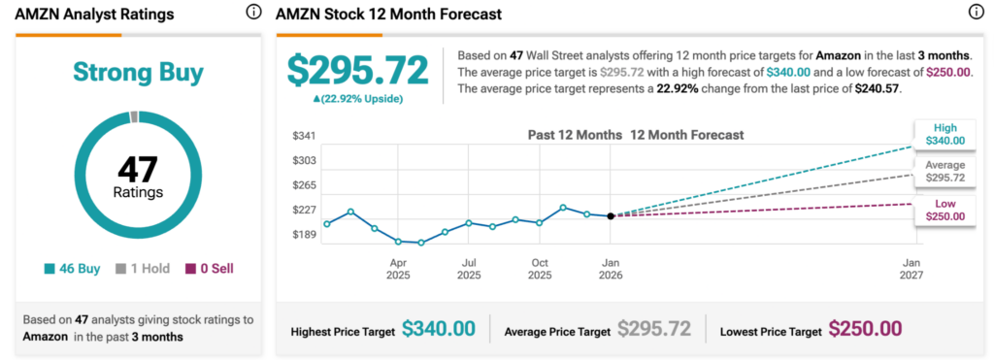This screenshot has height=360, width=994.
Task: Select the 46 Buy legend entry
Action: (72, 269)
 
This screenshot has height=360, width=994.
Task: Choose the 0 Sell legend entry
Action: (209, 269)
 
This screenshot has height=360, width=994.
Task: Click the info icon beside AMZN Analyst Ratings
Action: (253, 13)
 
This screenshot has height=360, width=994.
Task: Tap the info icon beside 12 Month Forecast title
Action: (976, 13)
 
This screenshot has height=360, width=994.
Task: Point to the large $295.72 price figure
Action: (357, 71)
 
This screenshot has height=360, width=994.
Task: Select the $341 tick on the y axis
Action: (304, 135)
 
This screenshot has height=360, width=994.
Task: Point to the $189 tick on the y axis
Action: (304, 234)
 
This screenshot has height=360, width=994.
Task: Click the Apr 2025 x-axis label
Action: (398, 269)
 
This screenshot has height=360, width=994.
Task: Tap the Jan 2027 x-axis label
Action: (911, 269)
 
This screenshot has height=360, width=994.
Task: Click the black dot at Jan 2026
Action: (611, 215)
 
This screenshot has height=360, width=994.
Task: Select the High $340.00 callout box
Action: (944, 134)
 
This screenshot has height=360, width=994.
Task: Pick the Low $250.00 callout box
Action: (944, 210)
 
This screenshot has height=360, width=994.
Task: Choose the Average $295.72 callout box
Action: (944, 172)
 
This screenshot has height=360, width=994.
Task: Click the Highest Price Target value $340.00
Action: (438, 330)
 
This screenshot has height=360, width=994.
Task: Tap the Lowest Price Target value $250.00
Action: (865, 330)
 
